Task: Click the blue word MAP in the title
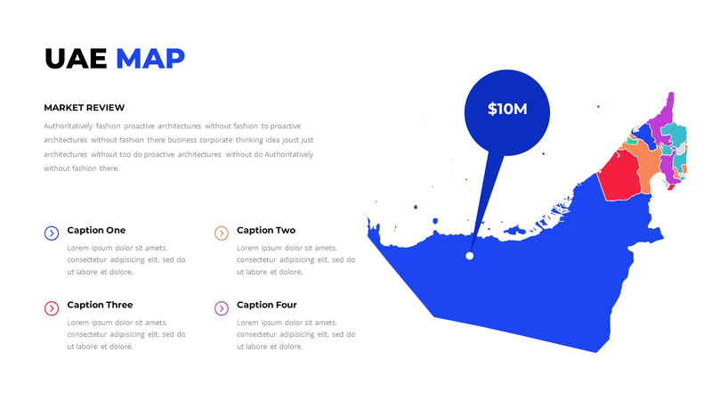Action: pyautogui.click(x=150, y=58)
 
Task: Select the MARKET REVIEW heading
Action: pyautogui.click(x=85, y=108)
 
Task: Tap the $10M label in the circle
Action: pyautogui.click(x=507, y=110)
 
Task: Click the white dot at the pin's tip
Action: pyautogui.click(x=470, y=256)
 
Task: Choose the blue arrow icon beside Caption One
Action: pyautogui.click(x=52, y=233)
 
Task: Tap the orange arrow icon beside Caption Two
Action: pyautogui.click(x=222, y=233)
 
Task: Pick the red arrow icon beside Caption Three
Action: pyautogui.click(x=52, y=308)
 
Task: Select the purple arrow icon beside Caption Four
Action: pyautogui.click(x=222, y=308)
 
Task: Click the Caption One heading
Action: pyautogui.click(x=96, y=230)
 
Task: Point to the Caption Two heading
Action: pyautogui.click(x=266, y=230)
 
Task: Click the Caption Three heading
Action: pyautogui.click(x=100, y=305)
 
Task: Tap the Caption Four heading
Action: pyautogui.click(x=267, y=305)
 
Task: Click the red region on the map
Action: pyautogui.click(x=621, y=173)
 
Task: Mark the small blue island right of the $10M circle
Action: pyautogui.click(x=598, y=107)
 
